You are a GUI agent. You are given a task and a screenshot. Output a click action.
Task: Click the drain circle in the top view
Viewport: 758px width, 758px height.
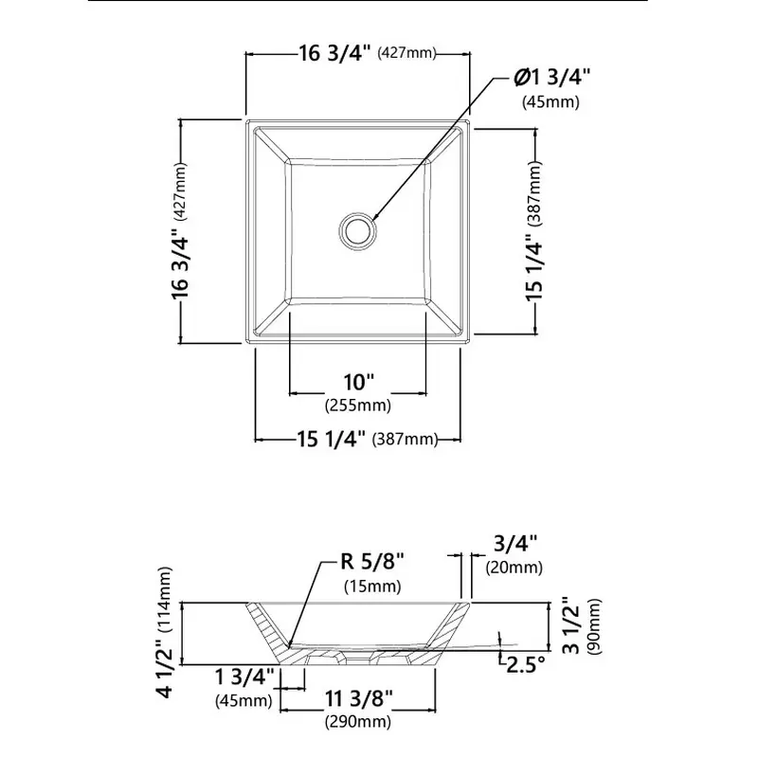357,212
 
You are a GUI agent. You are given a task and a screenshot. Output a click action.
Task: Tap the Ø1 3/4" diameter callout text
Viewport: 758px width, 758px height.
551,78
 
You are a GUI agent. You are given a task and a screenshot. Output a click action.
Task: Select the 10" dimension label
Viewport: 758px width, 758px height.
359,382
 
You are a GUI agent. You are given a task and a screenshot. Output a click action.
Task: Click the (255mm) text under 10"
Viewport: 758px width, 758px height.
358,405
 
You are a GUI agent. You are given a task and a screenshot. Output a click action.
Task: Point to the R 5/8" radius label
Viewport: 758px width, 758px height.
372,561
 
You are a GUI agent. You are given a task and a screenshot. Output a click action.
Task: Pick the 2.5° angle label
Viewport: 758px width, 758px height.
526,664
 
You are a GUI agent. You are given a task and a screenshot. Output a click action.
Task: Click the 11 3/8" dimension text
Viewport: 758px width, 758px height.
359,698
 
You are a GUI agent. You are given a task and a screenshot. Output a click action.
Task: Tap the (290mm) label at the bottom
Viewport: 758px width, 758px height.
358,722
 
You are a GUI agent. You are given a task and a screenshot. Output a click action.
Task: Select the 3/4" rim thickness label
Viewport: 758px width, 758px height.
515,543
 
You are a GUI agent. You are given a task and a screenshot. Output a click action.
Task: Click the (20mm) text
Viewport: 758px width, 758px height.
514,567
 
